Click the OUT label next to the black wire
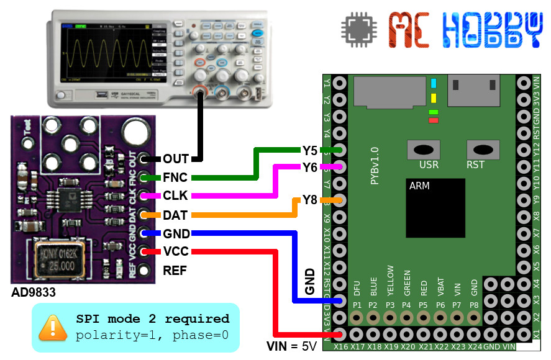175,160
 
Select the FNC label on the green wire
175,178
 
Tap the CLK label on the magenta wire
175,196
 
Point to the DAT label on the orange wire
175,215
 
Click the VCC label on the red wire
175,252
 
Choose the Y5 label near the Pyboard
310,150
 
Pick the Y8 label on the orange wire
310,200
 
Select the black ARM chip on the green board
436,208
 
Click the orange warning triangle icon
53,327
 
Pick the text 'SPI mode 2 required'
152,318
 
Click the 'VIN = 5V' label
291,346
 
